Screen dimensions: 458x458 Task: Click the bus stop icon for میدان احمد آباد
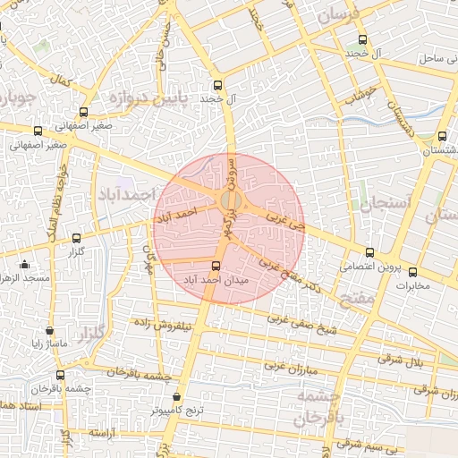point(216,266)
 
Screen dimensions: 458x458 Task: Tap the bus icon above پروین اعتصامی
point(370,252)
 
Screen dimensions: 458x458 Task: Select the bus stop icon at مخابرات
point(413,272)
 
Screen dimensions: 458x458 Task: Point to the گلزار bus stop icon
point(75,238)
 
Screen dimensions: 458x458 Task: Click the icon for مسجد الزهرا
point(24,264)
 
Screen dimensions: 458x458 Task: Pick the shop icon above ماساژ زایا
point(48,330)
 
